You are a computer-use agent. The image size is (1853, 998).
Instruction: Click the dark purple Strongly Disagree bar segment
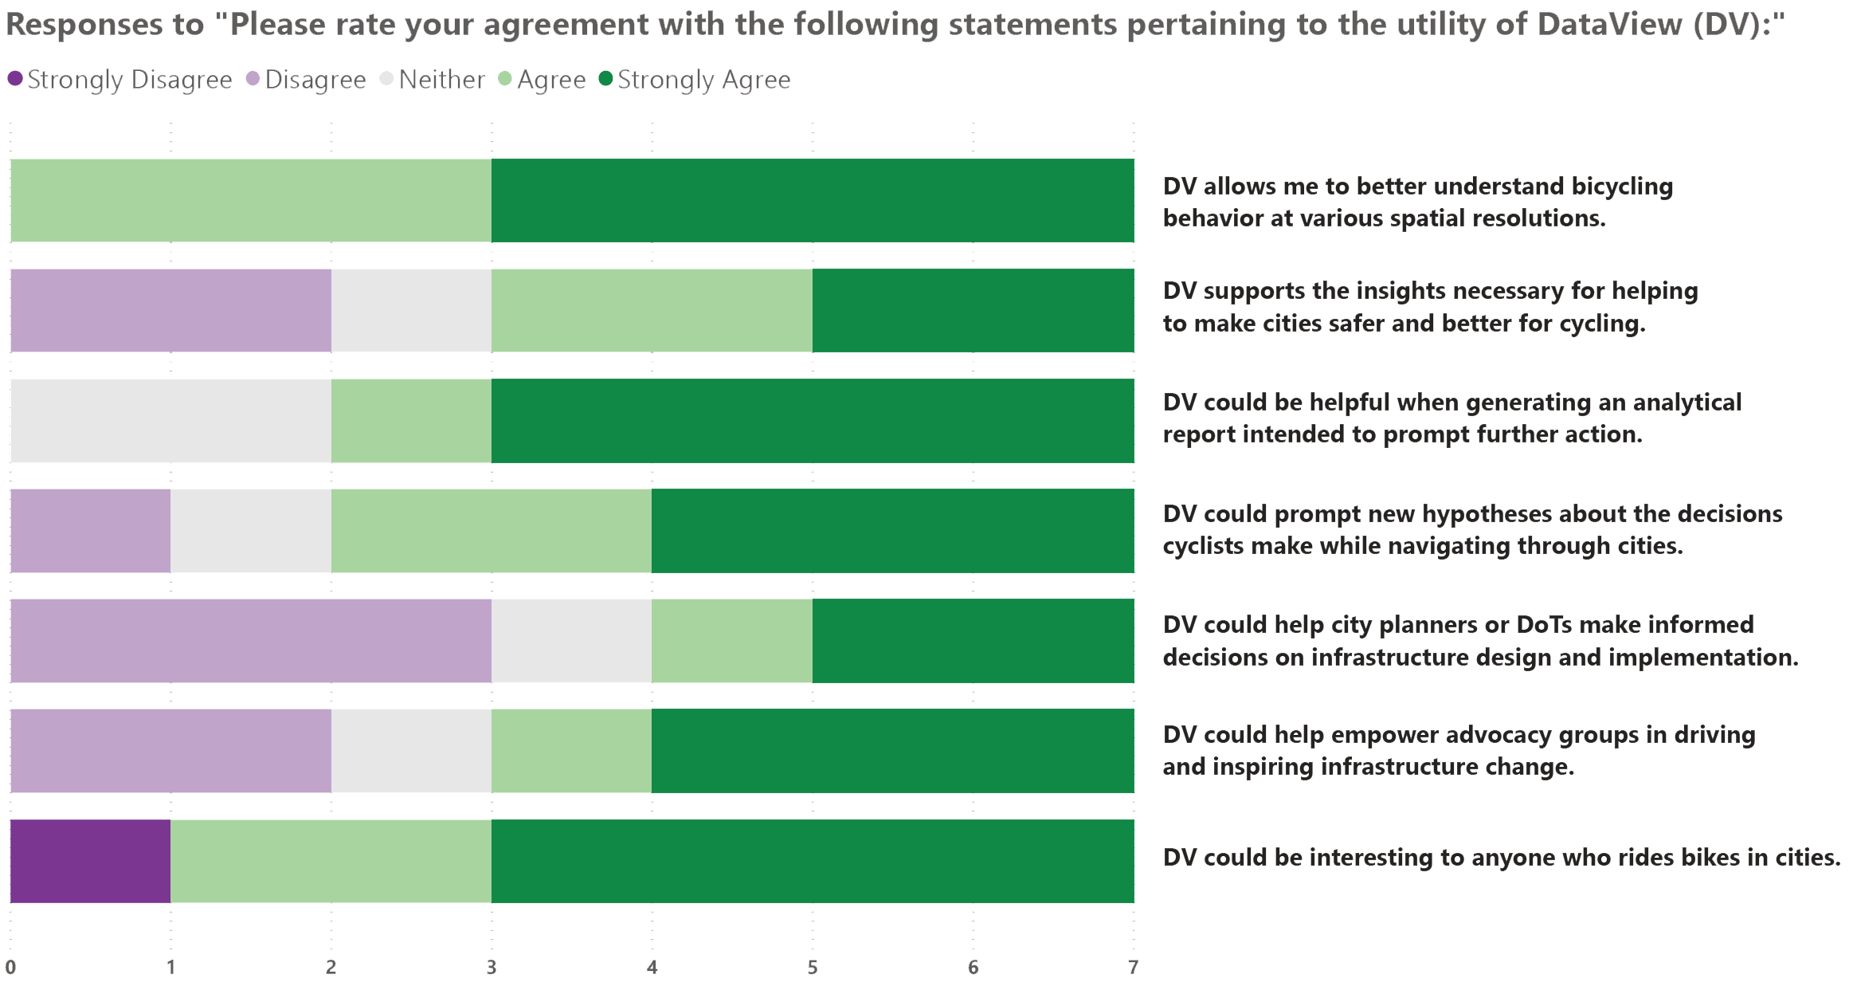point(90,861)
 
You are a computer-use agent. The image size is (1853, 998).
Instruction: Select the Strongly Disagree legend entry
point(119,80)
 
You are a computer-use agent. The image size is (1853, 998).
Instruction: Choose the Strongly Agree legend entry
point(695,80)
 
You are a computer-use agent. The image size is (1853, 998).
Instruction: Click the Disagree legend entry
point(306,80)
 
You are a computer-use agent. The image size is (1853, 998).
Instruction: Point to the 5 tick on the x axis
point(813,967)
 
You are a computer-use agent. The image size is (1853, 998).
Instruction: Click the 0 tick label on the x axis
point(10,967)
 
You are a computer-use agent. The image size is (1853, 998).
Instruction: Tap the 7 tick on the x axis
point(1133,967)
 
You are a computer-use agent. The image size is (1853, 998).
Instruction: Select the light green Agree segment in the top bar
point(251,200)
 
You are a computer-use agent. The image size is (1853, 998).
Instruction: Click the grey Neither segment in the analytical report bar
point(170,421)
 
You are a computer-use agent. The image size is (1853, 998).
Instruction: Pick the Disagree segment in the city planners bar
point(251,641)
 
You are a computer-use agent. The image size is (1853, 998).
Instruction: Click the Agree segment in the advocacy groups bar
point(571,751)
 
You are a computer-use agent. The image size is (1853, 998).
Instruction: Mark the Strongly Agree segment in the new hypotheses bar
point(892,531)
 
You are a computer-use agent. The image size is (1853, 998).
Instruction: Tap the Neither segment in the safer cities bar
point(411,310)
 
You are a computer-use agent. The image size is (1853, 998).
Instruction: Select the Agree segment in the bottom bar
point(331,861)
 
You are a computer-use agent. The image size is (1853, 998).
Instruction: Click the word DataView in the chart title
point(1609,24)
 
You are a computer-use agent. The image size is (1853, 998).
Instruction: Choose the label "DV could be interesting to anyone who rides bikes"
point(1501,858)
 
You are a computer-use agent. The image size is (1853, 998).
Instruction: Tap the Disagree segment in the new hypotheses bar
point(90,531)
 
